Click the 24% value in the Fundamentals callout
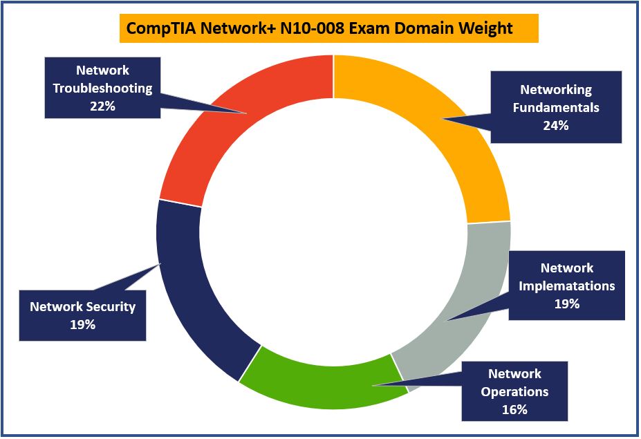pyautogui.click(x=555, y=126)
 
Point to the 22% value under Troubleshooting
pyautogui.click(x=102, y=106)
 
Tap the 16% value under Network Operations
pyautogui.click(x=514, y=409)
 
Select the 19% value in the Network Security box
pyautogui.click(x=82, y=324)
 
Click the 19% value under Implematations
pyautogui.click(x=566, y=303)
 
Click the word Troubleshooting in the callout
pyautogui.click(x=102, y=88)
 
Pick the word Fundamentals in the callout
pyautogui.click(x=555, y=108)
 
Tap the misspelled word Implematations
pyautogui.click(x=566, y=286)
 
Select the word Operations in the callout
pyautogui.click(x=514, y=391)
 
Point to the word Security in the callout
pyautogui.click(x=111, y=306)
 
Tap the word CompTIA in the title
pyautogui.click(x=154, y=28)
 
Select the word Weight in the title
pyautogui.click(x=489, y=28)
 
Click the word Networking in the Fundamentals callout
pyautogui.click(x=555, y=90)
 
